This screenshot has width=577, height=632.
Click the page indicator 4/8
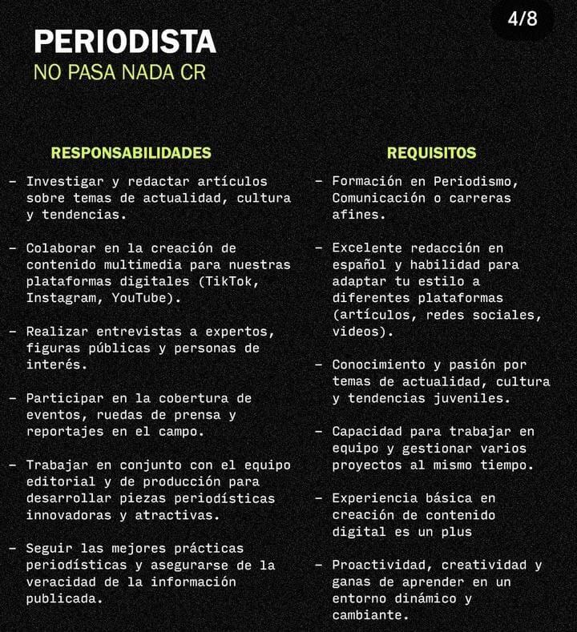coord(522,18)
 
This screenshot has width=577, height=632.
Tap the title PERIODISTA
coord(124,42)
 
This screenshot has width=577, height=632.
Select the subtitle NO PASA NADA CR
coord(119,72)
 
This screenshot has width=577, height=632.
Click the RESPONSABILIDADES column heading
coord(131,153)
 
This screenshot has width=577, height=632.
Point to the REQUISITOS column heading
coord(431,153)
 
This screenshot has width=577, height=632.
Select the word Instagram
coord(61,298)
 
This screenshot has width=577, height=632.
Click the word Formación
coord(366,182)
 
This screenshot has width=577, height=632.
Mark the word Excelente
coord(366,248)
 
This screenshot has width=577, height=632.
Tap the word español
coord(358,264)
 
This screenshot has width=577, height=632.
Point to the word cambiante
coord(366,615)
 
